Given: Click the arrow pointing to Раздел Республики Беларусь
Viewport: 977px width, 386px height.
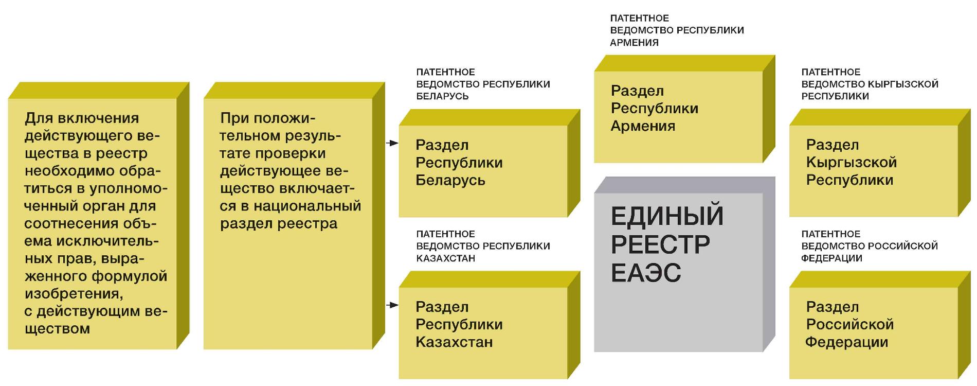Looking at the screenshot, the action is [392, 143].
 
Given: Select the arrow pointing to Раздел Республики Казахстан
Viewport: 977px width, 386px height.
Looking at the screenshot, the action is [392, 305].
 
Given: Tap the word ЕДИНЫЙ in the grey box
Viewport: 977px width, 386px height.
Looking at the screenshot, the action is [667, 216].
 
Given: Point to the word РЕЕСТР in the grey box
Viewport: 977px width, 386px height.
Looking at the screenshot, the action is [660, 244].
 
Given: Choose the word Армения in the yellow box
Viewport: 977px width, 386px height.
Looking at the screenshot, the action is [643, 126].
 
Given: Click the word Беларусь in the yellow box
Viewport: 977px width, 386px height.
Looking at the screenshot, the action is [450, 180].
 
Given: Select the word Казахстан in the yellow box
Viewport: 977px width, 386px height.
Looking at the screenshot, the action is [454, 342].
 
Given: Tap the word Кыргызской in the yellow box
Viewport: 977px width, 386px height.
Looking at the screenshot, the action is [851, 163].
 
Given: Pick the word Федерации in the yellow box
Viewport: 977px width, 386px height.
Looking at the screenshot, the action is [846, 342].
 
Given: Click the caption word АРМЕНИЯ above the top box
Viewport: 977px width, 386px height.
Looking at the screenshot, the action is [634, 43].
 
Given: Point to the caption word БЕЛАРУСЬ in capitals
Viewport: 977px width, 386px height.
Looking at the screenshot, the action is [442, 96].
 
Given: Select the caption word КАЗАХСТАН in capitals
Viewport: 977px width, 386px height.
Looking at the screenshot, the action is [445, 258].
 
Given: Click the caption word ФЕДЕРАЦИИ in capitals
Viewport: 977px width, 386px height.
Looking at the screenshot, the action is [831, 258].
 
